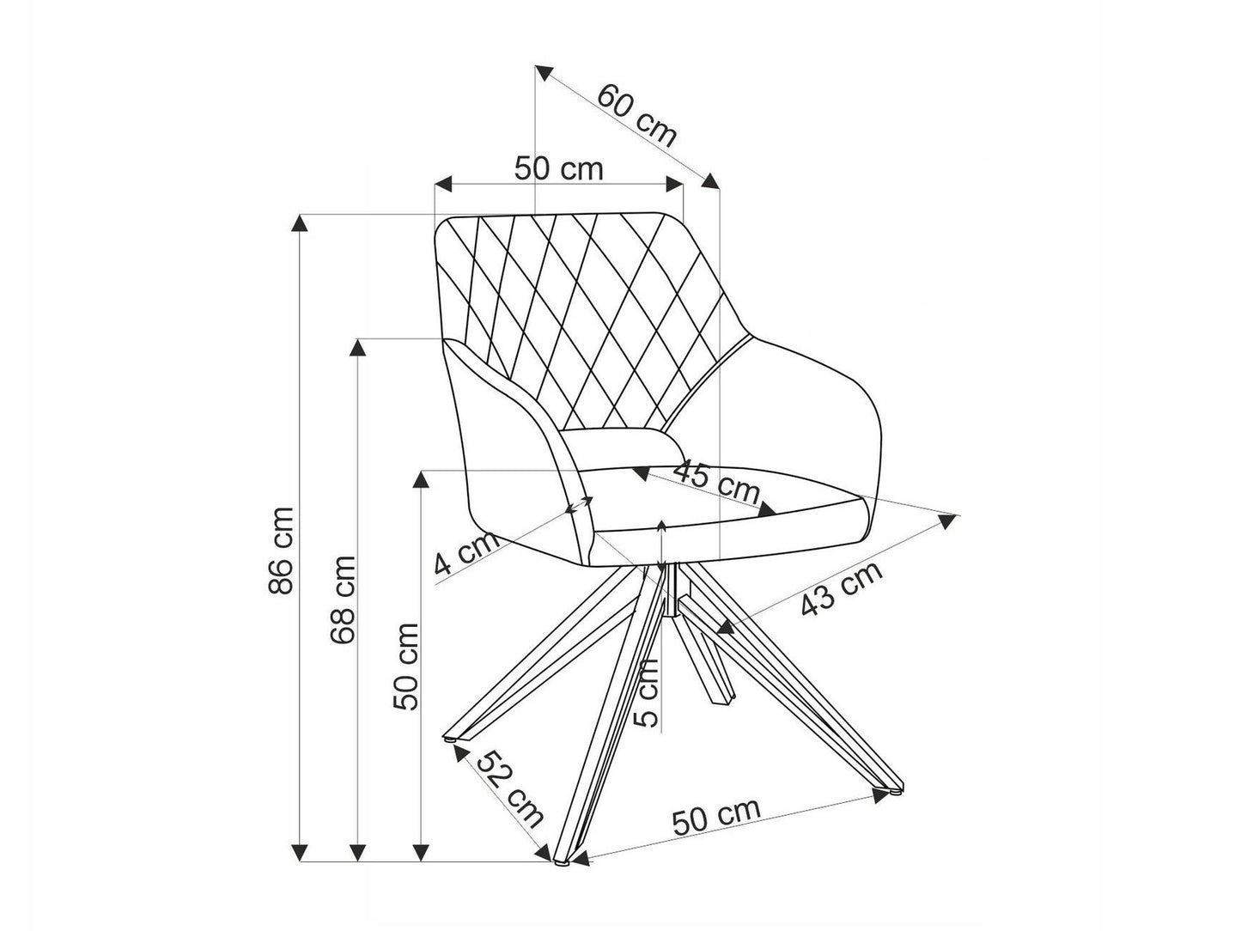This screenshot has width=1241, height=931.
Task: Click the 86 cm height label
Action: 281,551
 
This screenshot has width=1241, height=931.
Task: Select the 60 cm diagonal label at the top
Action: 636,113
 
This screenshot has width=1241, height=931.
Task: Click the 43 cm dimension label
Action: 841,590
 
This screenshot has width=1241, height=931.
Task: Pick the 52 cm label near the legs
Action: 510,788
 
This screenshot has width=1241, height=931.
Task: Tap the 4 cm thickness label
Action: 465,554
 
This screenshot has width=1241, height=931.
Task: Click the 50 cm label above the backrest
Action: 559,168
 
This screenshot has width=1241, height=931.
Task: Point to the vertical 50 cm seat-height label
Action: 405,666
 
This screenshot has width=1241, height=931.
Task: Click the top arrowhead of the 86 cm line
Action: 300,222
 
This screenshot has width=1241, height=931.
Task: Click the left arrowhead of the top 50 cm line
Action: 443,184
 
